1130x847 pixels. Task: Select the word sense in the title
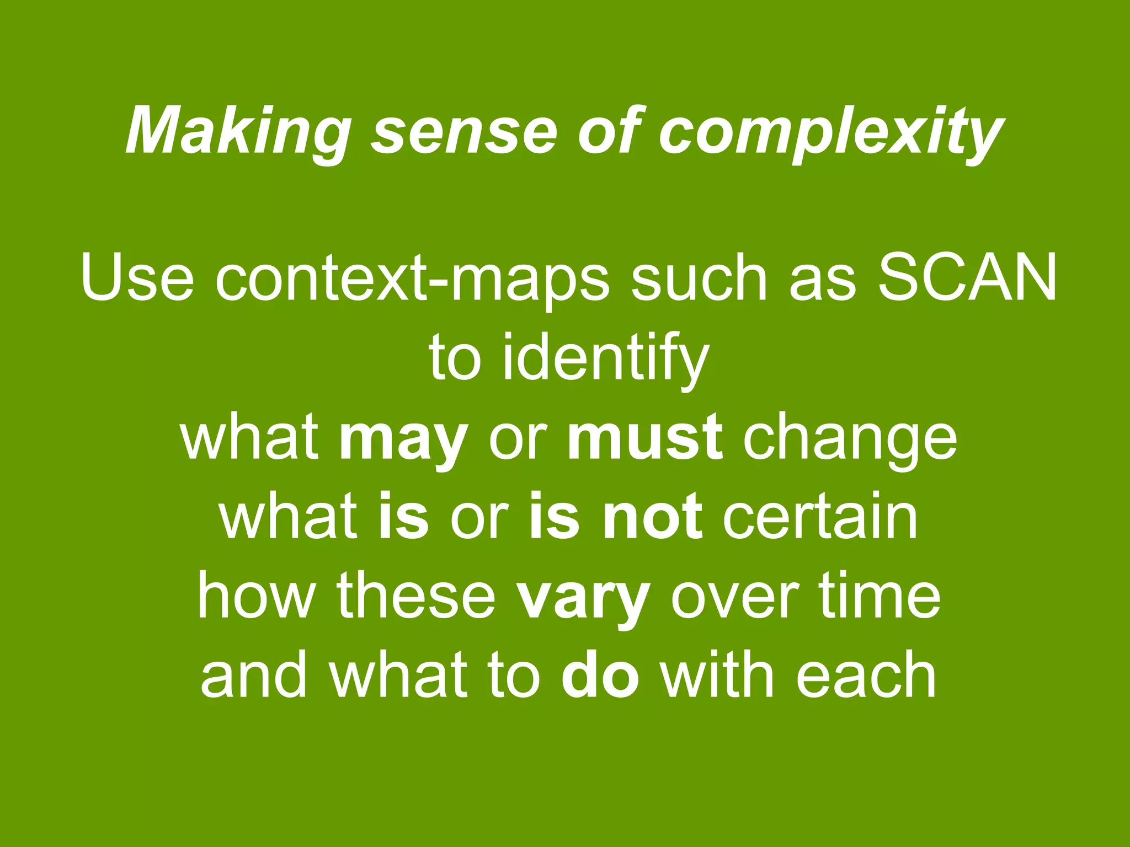(464, 132)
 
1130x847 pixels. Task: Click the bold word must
(644, 438)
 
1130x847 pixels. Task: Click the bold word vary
(583, 598)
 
